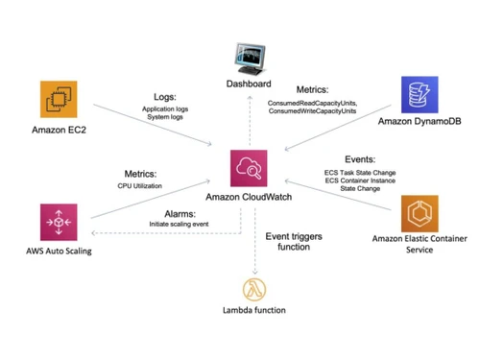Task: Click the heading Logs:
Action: pos(165,98)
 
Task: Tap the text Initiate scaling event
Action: pos(182,224)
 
